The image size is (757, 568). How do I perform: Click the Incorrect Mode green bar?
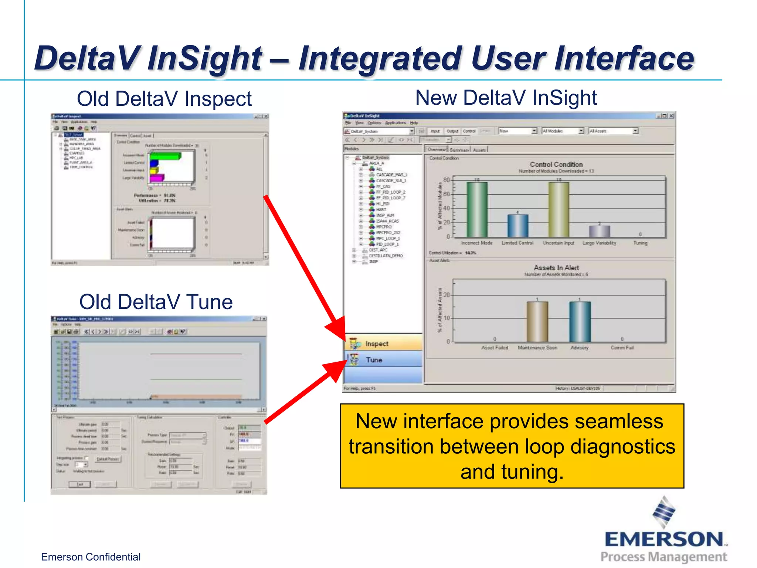(x=477, y=209)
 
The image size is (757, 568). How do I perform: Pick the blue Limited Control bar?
(x=517, y=226)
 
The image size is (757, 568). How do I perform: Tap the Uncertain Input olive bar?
(x=559, y=209)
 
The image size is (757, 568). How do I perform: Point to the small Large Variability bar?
(x=599, y=231)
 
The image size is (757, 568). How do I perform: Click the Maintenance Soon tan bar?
(x=537, y=322)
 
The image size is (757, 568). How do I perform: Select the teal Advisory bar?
(x=580, y=322)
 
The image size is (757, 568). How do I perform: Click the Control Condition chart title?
(x=556, y=164)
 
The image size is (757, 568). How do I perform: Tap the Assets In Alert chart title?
(x=556, y=267)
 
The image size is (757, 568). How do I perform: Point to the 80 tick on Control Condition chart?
(x=447, y=180)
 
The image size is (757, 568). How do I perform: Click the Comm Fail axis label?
(x=622, y=348)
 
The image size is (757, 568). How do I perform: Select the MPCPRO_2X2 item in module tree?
(x=388, y=233)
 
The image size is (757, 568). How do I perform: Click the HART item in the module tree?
(x=381, y=209)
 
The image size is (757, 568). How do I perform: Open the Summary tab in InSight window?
(x=459, y=150)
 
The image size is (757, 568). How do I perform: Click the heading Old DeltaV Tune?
(x=156, y=302)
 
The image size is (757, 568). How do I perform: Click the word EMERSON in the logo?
(x=664, y=540)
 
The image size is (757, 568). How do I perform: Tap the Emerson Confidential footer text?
(x=91, y=557)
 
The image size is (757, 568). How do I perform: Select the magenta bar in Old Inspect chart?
(x=156, y=178)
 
